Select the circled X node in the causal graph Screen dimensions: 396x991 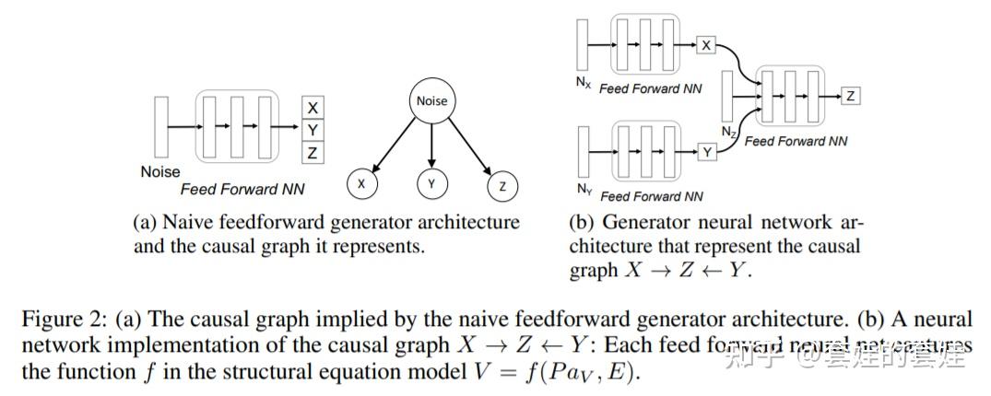pyautogui.click(x=361, y=184)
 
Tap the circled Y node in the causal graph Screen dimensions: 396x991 pyautogui.click(x=431, y=184)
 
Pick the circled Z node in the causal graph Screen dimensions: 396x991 pyautogui.click(x=501, y=186)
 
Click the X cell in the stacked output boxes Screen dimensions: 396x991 pyautogui.click(x=313, y=108)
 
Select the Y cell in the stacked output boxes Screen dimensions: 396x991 pyautogui.click(x=313, y=131)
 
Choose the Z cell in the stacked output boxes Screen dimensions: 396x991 pyautogui.click(x=313, y=154)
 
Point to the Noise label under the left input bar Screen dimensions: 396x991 pyautogui.click(x=160, y=171)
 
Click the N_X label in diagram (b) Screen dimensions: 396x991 pyautogui.click(x=583, y=82)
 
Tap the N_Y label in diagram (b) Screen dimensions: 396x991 pyautogui.click(x=584, y=190)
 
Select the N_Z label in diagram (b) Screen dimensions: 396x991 pyautogui.click(x=729, y=133)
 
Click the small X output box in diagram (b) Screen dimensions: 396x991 pyautogui.click(x=707, y=44)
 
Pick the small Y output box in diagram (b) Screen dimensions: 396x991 pyautogui.click(x=707, y=152)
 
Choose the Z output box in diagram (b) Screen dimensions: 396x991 pyautogui.click(x=851, y=95)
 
